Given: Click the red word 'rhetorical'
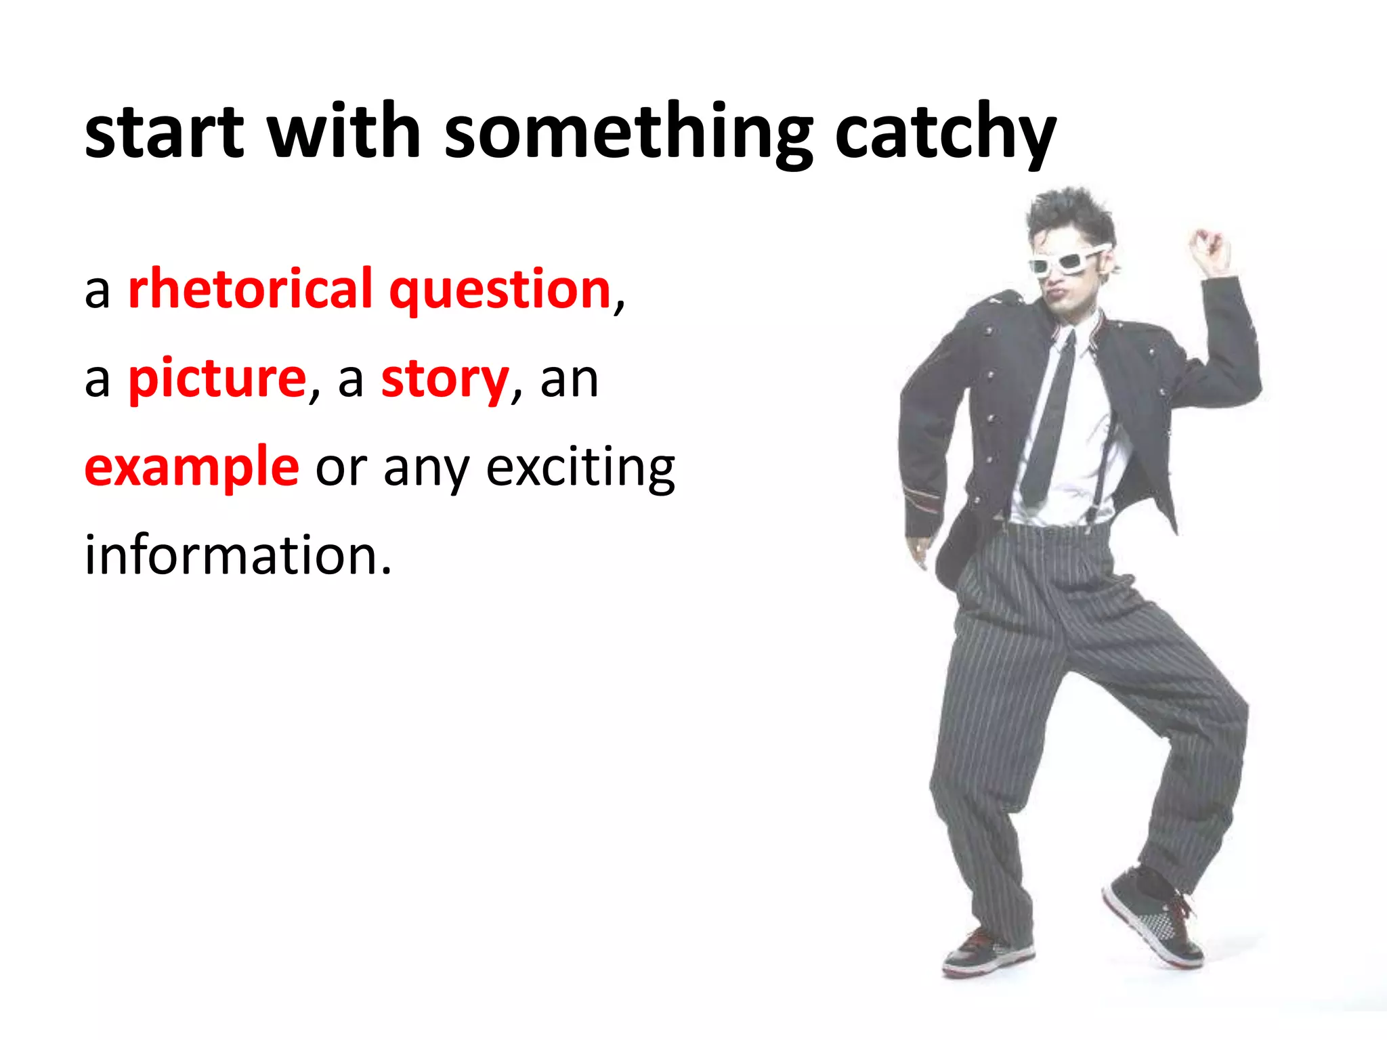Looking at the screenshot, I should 250,290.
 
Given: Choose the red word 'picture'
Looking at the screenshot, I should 217,379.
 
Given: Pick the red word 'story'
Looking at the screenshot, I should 444,379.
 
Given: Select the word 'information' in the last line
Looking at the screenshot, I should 238,555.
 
